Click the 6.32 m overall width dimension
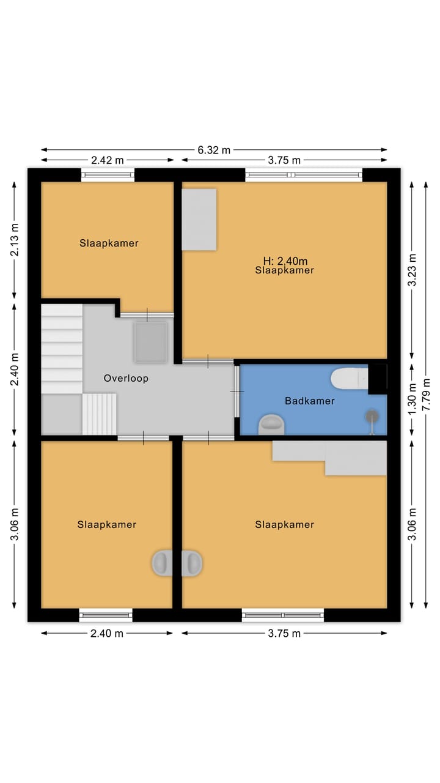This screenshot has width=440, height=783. [214, 150]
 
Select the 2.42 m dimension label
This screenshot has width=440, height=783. [107, 160]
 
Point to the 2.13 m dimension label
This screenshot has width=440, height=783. [14, 240]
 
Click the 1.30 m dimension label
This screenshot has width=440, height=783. [412, 398]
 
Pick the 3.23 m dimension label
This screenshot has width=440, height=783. [412, 270]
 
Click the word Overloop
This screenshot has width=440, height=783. [126, 378]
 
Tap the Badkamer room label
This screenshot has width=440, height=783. [310, 401]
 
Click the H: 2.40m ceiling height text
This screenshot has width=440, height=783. [285, 261]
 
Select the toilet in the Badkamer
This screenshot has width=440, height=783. [349, 378]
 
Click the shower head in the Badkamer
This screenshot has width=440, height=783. [372, 417]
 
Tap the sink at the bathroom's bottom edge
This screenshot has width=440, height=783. [271, 425]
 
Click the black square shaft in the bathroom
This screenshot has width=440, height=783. [378, 379]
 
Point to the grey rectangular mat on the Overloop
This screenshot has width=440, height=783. [150, 343]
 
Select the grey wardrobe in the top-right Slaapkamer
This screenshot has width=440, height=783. [199, 220]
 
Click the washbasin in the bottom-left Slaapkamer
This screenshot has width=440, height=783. [162, 563]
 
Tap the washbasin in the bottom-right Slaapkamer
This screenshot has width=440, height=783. [192, 563]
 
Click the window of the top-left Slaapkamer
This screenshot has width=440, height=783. [108, 175]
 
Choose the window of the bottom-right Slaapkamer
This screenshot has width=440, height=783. [283, 615]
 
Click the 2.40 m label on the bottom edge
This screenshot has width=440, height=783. [107, 633]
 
